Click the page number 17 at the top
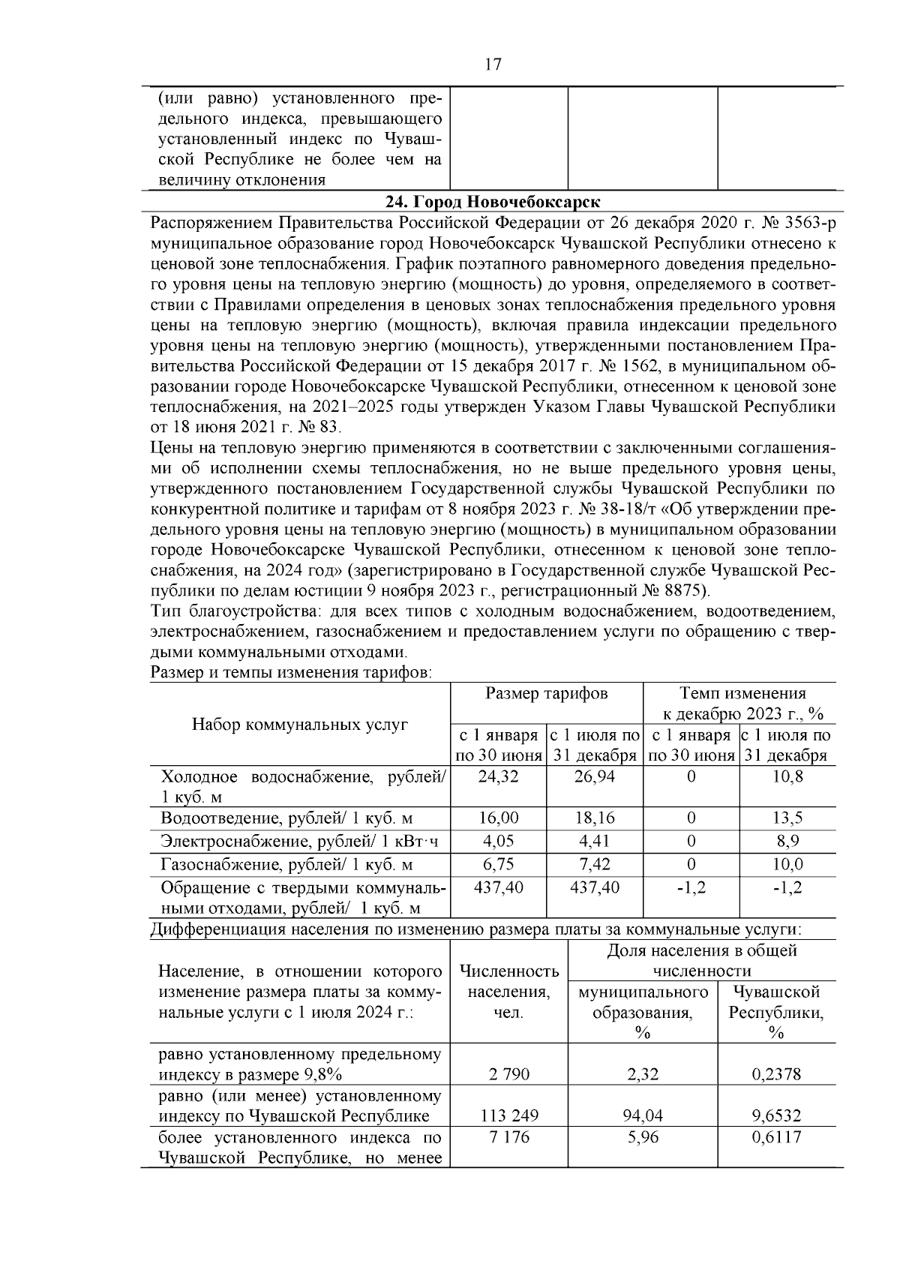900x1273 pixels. click(x=493, y=65)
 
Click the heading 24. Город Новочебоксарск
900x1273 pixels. click(x=492, y=203)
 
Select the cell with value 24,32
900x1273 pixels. click(x=498, y=776)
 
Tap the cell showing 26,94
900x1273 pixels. click(x=594, y=776)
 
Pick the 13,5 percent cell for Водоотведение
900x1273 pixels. click(x=787, y=818)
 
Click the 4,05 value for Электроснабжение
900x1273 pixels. click(x=498, y=841)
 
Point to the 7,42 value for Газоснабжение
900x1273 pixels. click(x=594, y=864)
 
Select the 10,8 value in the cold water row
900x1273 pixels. click(x=787, y=776)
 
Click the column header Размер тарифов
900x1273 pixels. click(x=546, y=693)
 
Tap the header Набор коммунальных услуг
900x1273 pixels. click(x=300, y=724)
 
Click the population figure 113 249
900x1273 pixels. click(x=508, y=1115)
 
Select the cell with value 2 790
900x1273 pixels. click(x=508, y=1074)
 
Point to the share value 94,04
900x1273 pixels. click(x=642, y=1115)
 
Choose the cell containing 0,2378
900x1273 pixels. click(x=776, y=1074)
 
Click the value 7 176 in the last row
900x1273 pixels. click(x=508, y=1137)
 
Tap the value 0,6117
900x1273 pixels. click(x=776, y=1137)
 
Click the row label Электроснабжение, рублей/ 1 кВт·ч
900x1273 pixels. click(x=299, y=842)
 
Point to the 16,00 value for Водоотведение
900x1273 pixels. click(x=498, y=818)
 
